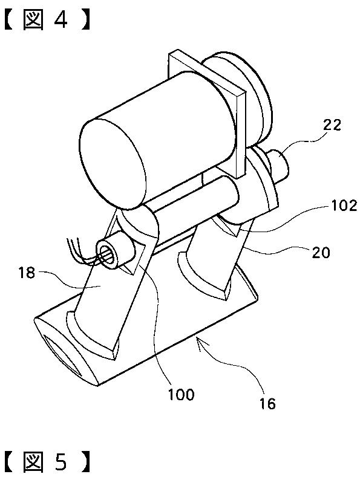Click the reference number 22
(332, 125)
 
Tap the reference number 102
(344, 206)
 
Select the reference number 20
(321, 253)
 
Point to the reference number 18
(27, 273)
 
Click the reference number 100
(181, 395)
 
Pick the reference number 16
(267, 404)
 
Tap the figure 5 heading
(47, 462)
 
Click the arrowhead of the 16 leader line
(200, 342)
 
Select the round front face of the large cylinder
(113, 164)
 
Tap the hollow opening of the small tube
(106, 255)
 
